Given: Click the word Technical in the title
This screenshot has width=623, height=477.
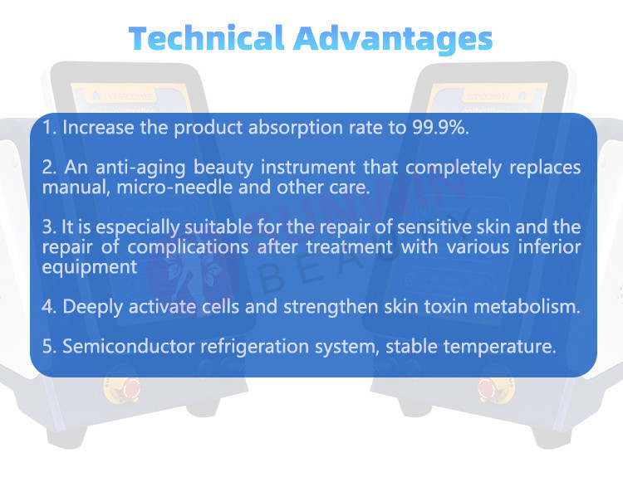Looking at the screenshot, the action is (x=206, y=38).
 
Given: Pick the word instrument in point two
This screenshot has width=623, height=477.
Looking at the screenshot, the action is (x=308, y=167).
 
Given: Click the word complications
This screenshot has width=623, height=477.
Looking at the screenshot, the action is (x=188, y=248).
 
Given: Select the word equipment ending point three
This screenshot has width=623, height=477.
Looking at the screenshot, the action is (x=90, y=267).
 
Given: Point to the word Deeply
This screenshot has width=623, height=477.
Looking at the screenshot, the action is (x=92, y=307).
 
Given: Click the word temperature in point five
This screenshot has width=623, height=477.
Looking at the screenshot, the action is (x=500, y=347).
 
